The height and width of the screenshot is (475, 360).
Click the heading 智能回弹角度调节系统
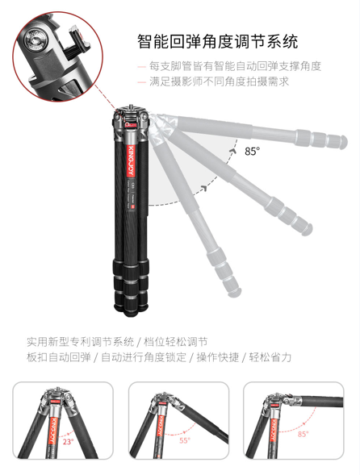click(218, 41)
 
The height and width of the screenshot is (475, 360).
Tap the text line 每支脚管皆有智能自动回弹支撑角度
click(235, 66)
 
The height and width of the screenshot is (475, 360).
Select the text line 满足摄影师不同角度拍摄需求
click(219, 81)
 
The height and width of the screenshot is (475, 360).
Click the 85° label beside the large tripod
click(253, 151)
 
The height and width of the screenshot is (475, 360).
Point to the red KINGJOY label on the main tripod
click(131, 161)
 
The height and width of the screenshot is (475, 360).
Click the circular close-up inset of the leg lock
click(57, 56)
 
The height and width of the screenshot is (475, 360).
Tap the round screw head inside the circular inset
click(36, 39)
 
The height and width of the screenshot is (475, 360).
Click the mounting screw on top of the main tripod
click(131, 106)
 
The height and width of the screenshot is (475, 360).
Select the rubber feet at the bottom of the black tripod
click(131, 308)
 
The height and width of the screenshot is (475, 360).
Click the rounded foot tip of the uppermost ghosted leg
click(343, 142)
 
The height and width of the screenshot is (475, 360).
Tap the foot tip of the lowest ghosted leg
click(235, 292)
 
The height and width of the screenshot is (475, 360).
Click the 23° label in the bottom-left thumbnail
click(69, 441)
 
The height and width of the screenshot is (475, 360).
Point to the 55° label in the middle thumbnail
click(185, 440)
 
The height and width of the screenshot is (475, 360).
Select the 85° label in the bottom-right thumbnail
click(303, 434)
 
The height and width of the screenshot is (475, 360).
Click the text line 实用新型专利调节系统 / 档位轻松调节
click(117, 342)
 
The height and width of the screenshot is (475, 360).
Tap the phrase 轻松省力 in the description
click(270, 357)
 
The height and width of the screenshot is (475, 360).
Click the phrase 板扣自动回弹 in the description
click(59, 357)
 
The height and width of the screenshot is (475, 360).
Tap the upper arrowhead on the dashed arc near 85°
click(233, 151)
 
